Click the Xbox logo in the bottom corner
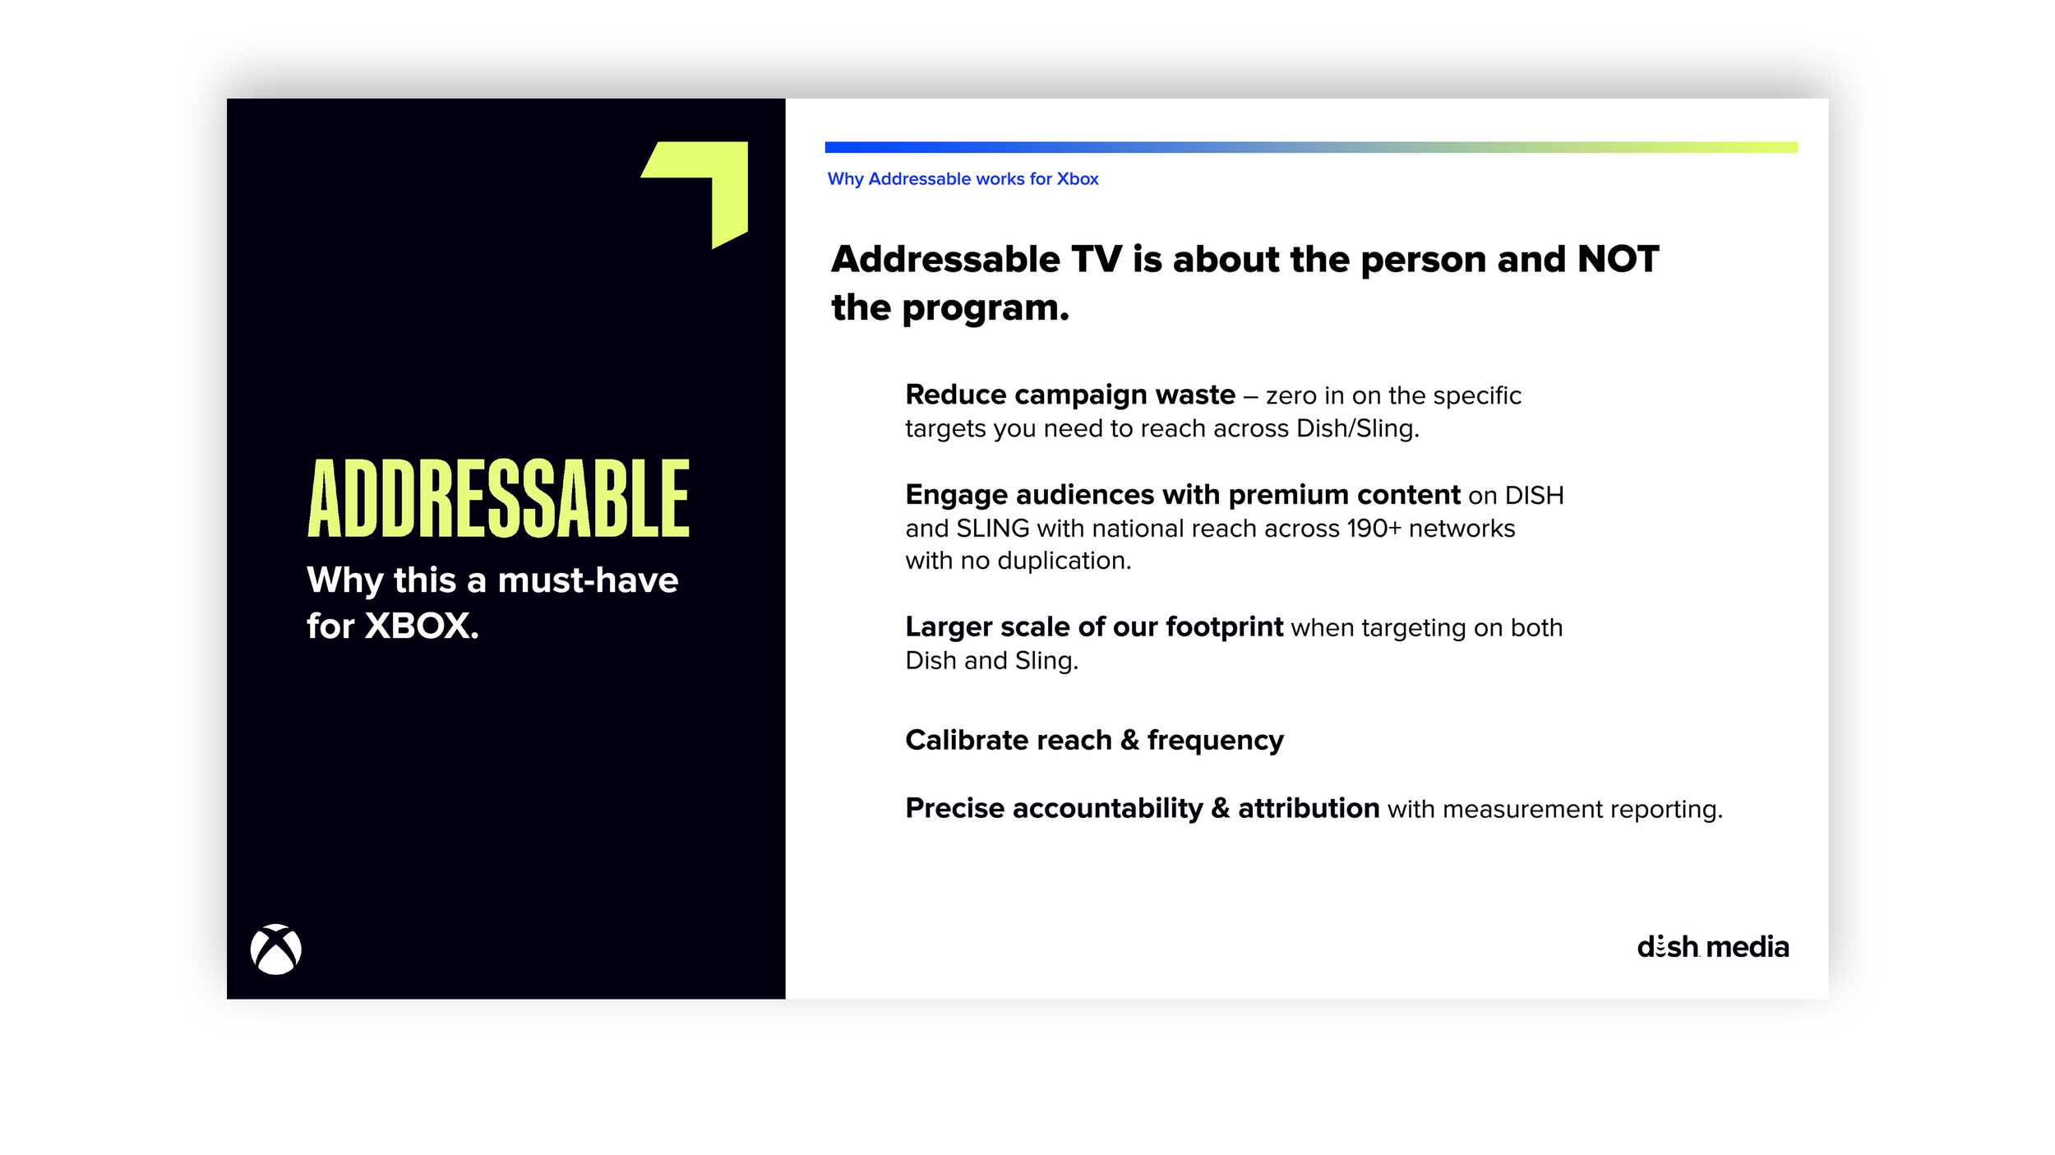275,949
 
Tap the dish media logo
1712,947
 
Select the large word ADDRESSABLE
498,498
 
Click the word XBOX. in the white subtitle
421,626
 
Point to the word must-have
588,580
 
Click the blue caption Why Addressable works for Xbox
963,179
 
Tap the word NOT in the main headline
1618,260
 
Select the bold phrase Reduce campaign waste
1069,395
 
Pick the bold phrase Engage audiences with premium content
1182,495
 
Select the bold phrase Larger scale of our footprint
1093,627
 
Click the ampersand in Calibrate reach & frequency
1129,740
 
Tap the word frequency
1215,741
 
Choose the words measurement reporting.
1582,810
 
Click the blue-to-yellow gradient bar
1310,147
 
